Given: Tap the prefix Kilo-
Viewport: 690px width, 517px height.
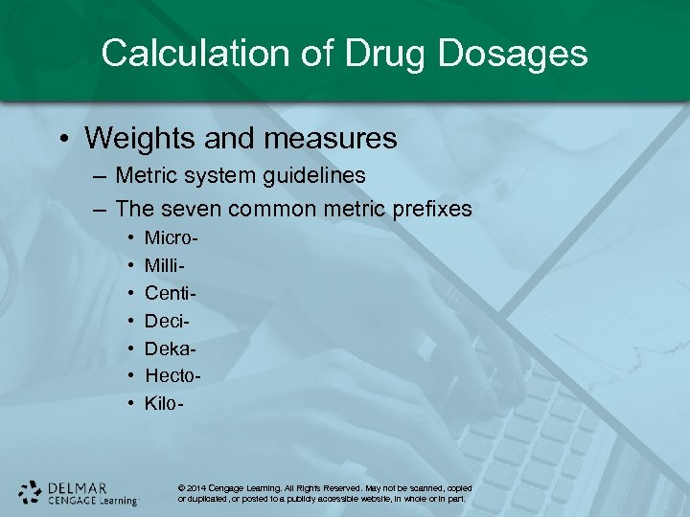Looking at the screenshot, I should [164, 404].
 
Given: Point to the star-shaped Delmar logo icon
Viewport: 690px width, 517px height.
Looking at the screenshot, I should [31, 492].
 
